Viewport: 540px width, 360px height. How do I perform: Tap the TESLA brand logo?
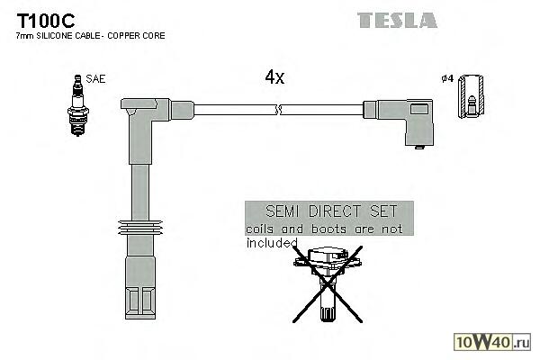[x=397, y=19]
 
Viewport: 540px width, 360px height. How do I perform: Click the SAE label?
[x=96, y=79]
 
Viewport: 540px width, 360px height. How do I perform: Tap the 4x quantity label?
[x=274, y=77]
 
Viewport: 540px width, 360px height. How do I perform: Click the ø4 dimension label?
[x=446, y=79]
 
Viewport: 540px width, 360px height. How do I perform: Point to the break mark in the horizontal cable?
[x=282, y=111]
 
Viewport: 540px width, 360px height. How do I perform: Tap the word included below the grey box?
[x=271, y=242]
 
